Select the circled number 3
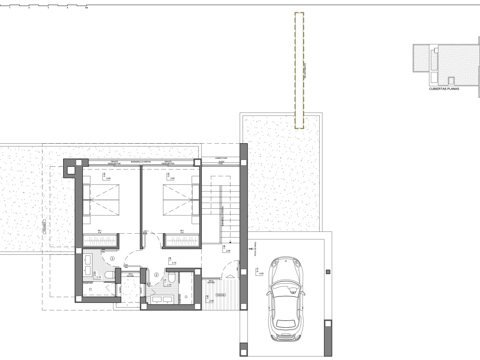coord(112,259)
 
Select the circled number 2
coord(156,275)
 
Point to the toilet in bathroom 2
coord(172,276)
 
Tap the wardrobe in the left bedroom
coord(101,241)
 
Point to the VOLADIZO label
coord(45,226)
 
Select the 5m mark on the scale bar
coord(86,8)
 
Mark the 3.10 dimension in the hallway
coord(174,263)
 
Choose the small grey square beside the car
coord(328,272)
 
